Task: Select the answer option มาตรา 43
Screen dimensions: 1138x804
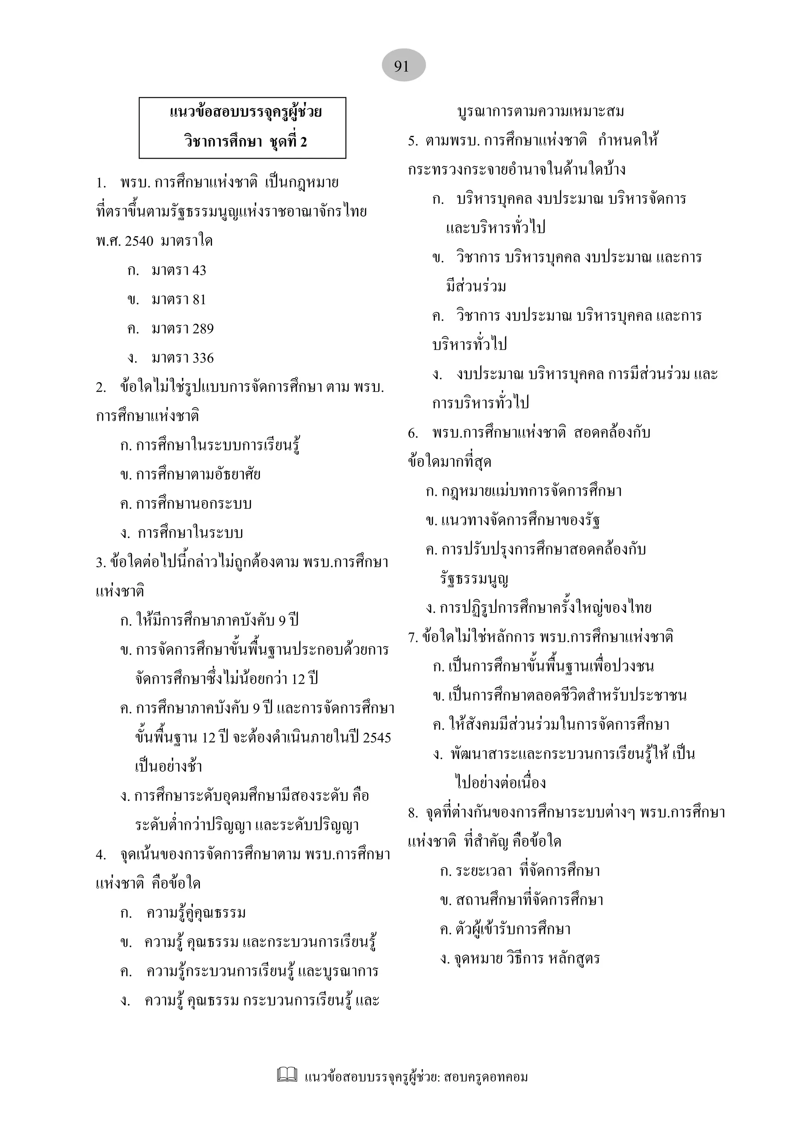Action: (x=178, y=271)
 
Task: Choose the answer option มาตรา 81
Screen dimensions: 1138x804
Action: (x=178, y=300)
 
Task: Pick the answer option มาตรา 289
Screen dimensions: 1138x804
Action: (x=182, y=329)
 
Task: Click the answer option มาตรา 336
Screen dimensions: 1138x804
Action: (x=182, y=358)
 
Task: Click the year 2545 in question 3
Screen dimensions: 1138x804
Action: (x=376, y=737)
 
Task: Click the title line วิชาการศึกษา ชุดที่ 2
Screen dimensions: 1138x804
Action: (x=245, y=142)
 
